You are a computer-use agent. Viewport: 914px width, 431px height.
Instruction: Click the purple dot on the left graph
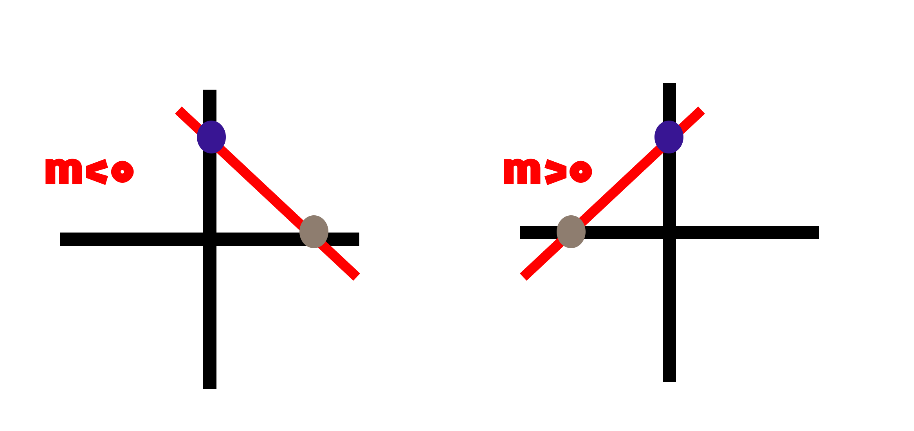click(211, 137)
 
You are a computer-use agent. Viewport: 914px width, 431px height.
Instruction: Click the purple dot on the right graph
click(669, 137)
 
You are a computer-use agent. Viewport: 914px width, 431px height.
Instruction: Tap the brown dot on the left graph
click(314, 232)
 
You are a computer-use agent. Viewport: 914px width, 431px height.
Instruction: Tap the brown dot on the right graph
click(571, 232)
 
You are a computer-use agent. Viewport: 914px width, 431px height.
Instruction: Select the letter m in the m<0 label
click(64, 171)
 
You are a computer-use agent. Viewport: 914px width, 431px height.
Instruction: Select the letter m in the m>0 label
click(522, 171)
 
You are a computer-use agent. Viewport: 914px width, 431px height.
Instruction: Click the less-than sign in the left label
click(97, 172)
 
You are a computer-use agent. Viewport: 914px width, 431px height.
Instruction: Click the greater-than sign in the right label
click(555, 172)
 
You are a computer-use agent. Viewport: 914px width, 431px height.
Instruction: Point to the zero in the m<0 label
click(123, 172)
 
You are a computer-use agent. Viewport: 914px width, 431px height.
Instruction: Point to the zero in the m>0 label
click(581, 172)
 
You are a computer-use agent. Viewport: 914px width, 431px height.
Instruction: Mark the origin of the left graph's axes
click(210, 239)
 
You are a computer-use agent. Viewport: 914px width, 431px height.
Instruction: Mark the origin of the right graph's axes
click(669, 233)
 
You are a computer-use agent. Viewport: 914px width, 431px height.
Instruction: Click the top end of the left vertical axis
click(210, 90)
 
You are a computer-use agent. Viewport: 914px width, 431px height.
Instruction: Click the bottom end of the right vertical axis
click(669, 382)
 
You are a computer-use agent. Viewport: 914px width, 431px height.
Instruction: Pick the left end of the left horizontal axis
click(61, 239)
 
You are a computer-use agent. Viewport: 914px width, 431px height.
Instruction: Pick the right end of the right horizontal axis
click(818, 233)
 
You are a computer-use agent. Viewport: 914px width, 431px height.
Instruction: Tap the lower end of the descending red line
click(357, 277)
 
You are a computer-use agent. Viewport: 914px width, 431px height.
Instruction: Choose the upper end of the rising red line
click(701, 110)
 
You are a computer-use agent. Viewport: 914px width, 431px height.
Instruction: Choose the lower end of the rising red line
click(523, 277)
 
